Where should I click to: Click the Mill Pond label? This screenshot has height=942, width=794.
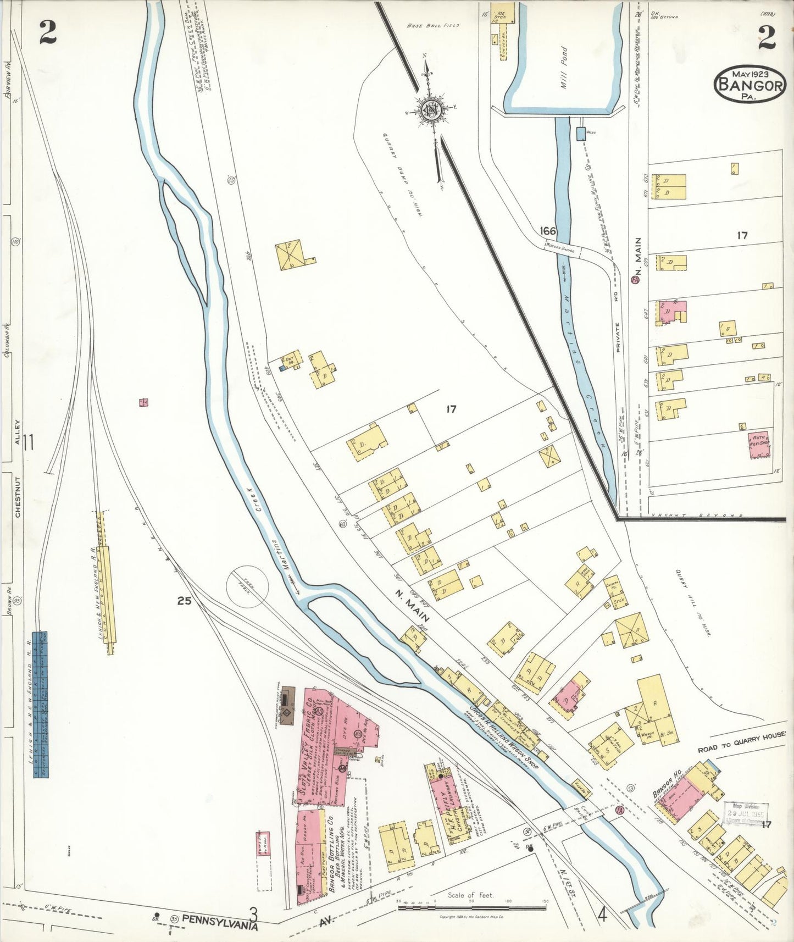(564, 64)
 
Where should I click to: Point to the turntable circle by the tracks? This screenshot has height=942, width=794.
(247, 587)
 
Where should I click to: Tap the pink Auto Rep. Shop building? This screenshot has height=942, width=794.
(759, 444)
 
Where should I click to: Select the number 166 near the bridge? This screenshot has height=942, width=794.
(547, 231)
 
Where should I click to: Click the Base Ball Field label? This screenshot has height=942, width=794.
(433, 25)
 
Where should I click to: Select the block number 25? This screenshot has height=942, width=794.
(184, 601)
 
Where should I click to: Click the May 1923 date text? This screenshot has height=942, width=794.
(749, 73)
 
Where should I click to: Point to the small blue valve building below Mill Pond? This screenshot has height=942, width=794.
(581, 134)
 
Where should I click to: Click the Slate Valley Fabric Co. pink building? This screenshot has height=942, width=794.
(321, 742)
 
